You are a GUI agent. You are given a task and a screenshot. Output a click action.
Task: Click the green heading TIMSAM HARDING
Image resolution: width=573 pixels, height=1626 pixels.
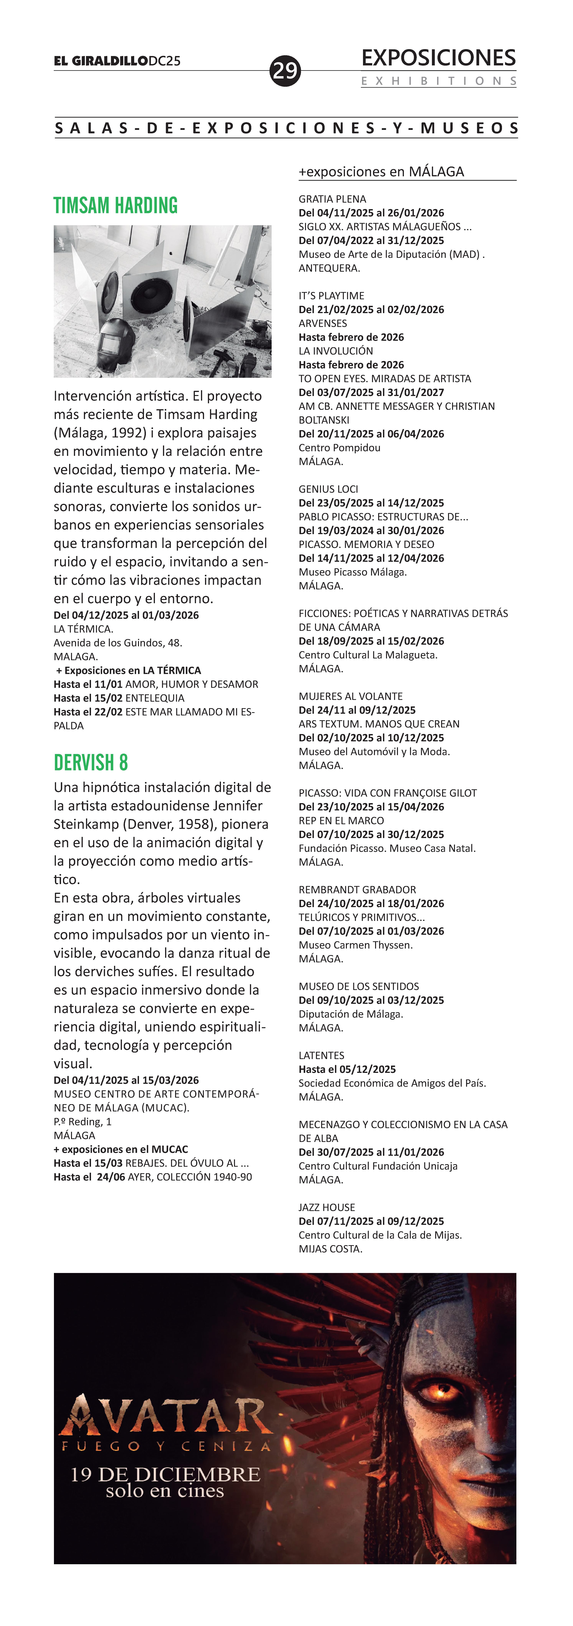[x=116, y=206]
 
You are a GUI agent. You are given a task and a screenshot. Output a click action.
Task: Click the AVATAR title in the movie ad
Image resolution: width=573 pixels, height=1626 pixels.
[x=165, y=1416]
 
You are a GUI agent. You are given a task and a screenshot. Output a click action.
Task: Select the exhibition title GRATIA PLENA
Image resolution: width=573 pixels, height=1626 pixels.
[x=332, y=199]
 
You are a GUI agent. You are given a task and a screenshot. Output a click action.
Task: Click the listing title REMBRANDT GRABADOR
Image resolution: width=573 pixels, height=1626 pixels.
[x=357, y=889]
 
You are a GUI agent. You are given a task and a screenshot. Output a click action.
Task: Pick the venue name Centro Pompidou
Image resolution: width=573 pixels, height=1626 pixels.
[x=339, y=448]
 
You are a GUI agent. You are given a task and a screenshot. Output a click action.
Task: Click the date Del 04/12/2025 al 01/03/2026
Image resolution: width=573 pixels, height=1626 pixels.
[x=126, y=615]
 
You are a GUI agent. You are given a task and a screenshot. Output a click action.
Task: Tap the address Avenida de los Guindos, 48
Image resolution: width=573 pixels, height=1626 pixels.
[x=117, y=643]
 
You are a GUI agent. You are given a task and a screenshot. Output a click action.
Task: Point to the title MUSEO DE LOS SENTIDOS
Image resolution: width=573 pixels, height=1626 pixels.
[x=358, y=986]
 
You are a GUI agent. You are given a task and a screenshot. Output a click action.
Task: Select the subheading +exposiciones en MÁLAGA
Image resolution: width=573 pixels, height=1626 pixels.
[x=381, y=172]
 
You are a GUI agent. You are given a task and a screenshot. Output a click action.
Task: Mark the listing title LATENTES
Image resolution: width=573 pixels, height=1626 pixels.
[x=322, y=1055]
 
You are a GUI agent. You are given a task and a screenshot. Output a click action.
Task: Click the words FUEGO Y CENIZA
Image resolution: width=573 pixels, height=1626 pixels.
[x=165, y=1446]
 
